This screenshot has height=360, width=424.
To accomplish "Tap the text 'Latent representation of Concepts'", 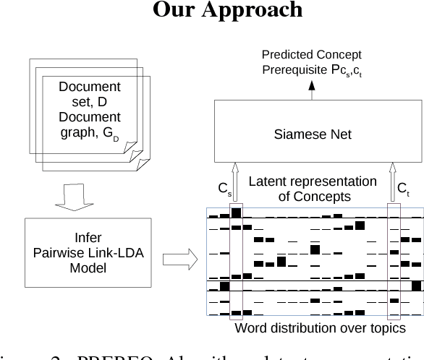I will click(313, 189).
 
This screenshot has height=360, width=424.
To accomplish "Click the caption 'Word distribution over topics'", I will click(320, 328).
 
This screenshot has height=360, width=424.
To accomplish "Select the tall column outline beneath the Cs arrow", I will click(236, 262).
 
